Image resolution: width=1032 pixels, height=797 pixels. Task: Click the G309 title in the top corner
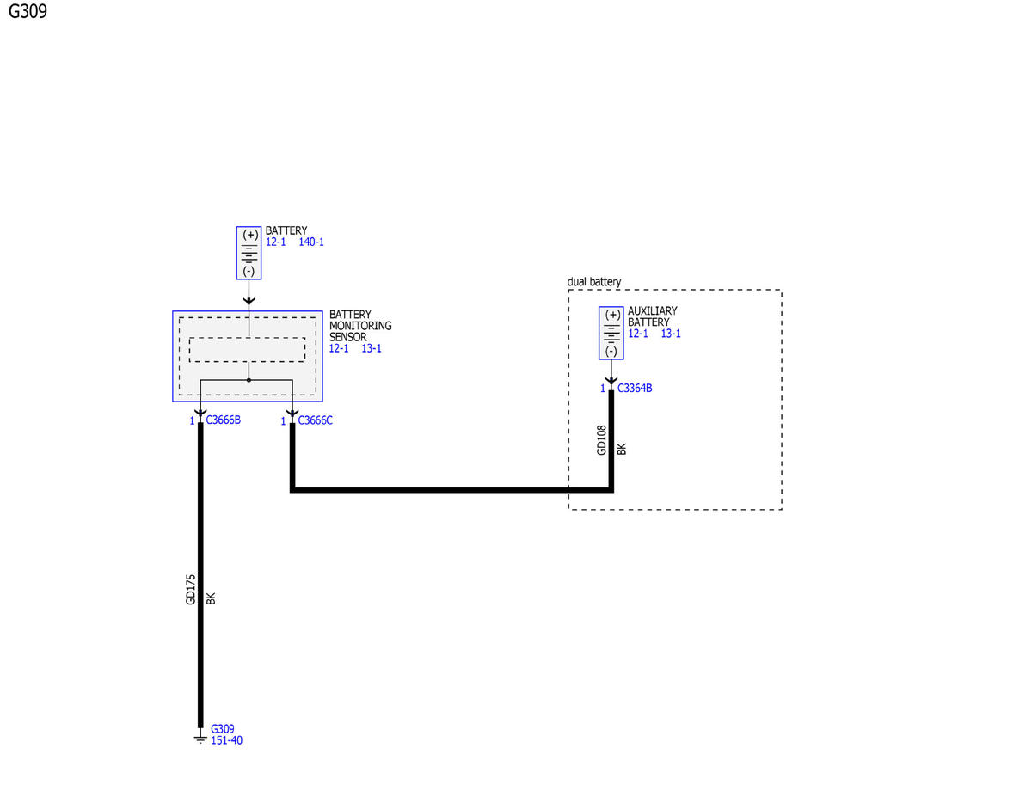click(28, 11)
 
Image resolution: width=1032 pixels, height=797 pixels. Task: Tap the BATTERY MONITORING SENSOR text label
click(360, 326)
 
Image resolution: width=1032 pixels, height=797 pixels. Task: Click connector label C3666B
click(224, 420)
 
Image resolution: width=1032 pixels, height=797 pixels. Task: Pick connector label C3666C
click(316, 420)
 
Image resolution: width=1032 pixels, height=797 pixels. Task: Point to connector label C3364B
click(635, 389)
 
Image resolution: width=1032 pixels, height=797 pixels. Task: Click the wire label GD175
click(190, 590)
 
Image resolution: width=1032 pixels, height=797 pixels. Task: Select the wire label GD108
click(602, 440)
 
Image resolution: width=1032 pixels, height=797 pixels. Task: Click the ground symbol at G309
click(200, 739)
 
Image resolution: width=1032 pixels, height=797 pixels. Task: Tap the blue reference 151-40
click(226, 740)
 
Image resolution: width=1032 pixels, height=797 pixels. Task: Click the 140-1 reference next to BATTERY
click(311, 242)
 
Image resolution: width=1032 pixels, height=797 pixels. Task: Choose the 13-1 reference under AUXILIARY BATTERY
click(671, 334)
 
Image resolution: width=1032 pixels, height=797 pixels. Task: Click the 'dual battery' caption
click(594, 282)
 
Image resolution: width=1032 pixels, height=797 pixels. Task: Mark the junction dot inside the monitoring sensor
click(249, 380)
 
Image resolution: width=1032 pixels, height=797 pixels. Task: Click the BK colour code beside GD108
click(622, 449)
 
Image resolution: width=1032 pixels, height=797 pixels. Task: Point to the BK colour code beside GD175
click(211, 598)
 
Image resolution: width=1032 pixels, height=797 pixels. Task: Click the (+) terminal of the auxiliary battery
click(612, 316)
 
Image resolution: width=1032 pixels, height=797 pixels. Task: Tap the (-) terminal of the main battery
click(249, 271)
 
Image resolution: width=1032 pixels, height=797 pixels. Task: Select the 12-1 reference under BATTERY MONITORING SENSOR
click(339, 348)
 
